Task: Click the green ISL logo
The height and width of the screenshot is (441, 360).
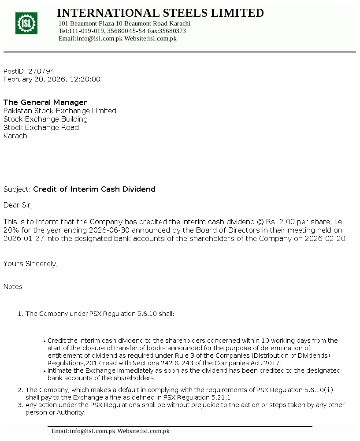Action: [26, 23]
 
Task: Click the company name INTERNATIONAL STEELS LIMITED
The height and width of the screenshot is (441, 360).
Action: [160, 13]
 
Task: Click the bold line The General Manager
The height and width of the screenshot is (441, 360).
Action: [45, 102]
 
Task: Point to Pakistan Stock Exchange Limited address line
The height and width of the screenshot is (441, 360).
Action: [60, 111]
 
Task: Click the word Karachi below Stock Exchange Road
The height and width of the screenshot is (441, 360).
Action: [16, 136]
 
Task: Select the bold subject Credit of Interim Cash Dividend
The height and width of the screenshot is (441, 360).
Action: [94, 189]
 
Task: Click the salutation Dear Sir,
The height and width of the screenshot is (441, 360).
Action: [18, 205]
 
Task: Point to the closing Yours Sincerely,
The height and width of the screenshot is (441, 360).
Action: [30, 263]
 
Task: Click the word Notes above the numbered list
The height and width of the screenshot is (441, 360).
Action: [13, 286]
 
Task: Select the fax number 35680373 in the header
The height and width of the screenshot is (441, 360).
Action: [172, 31]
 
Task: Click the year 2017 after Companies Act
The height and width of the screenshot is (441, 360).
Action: [272, 363]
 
